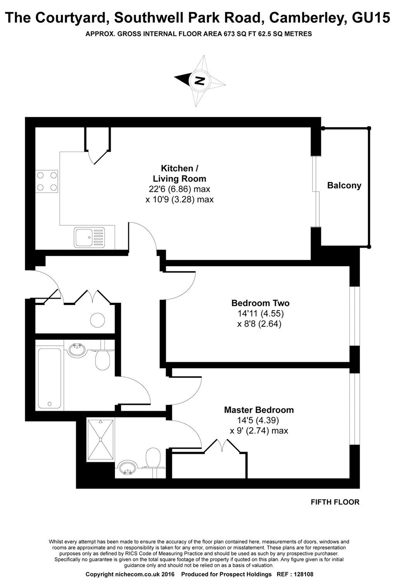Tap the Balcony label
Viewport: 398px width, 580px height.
[344, 185]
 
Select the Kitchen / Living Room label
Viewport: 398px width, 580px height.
[179, 174]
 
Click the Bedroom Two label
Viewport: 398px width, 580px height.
[260, 303]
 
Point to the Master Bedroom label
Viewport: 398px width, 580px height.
[259, 409]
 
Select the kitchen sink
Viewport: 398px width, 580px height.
[89, 237]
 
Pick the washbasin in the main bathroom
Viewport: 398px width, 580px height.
[77, 350]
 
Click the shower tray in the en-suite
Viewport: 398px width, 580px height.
[101, 440]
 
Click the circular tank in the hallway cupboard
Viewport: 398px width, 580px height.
[98, 319]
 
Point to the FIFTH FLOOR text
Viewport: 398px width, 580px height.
[335, 502]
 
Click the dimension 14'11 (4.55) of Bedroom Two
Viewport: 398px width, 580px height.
[259, 314]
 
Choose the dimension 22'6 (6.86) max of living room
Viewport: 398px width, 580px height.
[179, 189]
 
